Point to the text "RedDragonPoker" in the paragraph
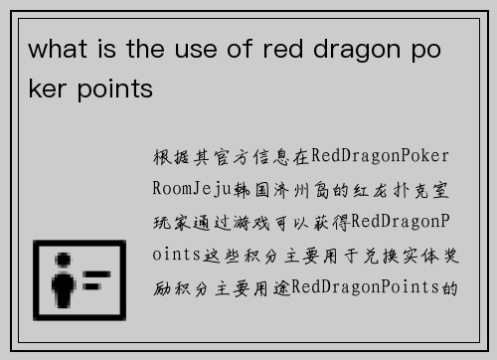coord(382,156)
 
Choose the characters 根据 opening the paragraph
coord(168,156)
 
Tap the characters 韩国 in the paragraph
coord(247,187)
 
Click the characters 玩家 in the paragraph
coord(168,220)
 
